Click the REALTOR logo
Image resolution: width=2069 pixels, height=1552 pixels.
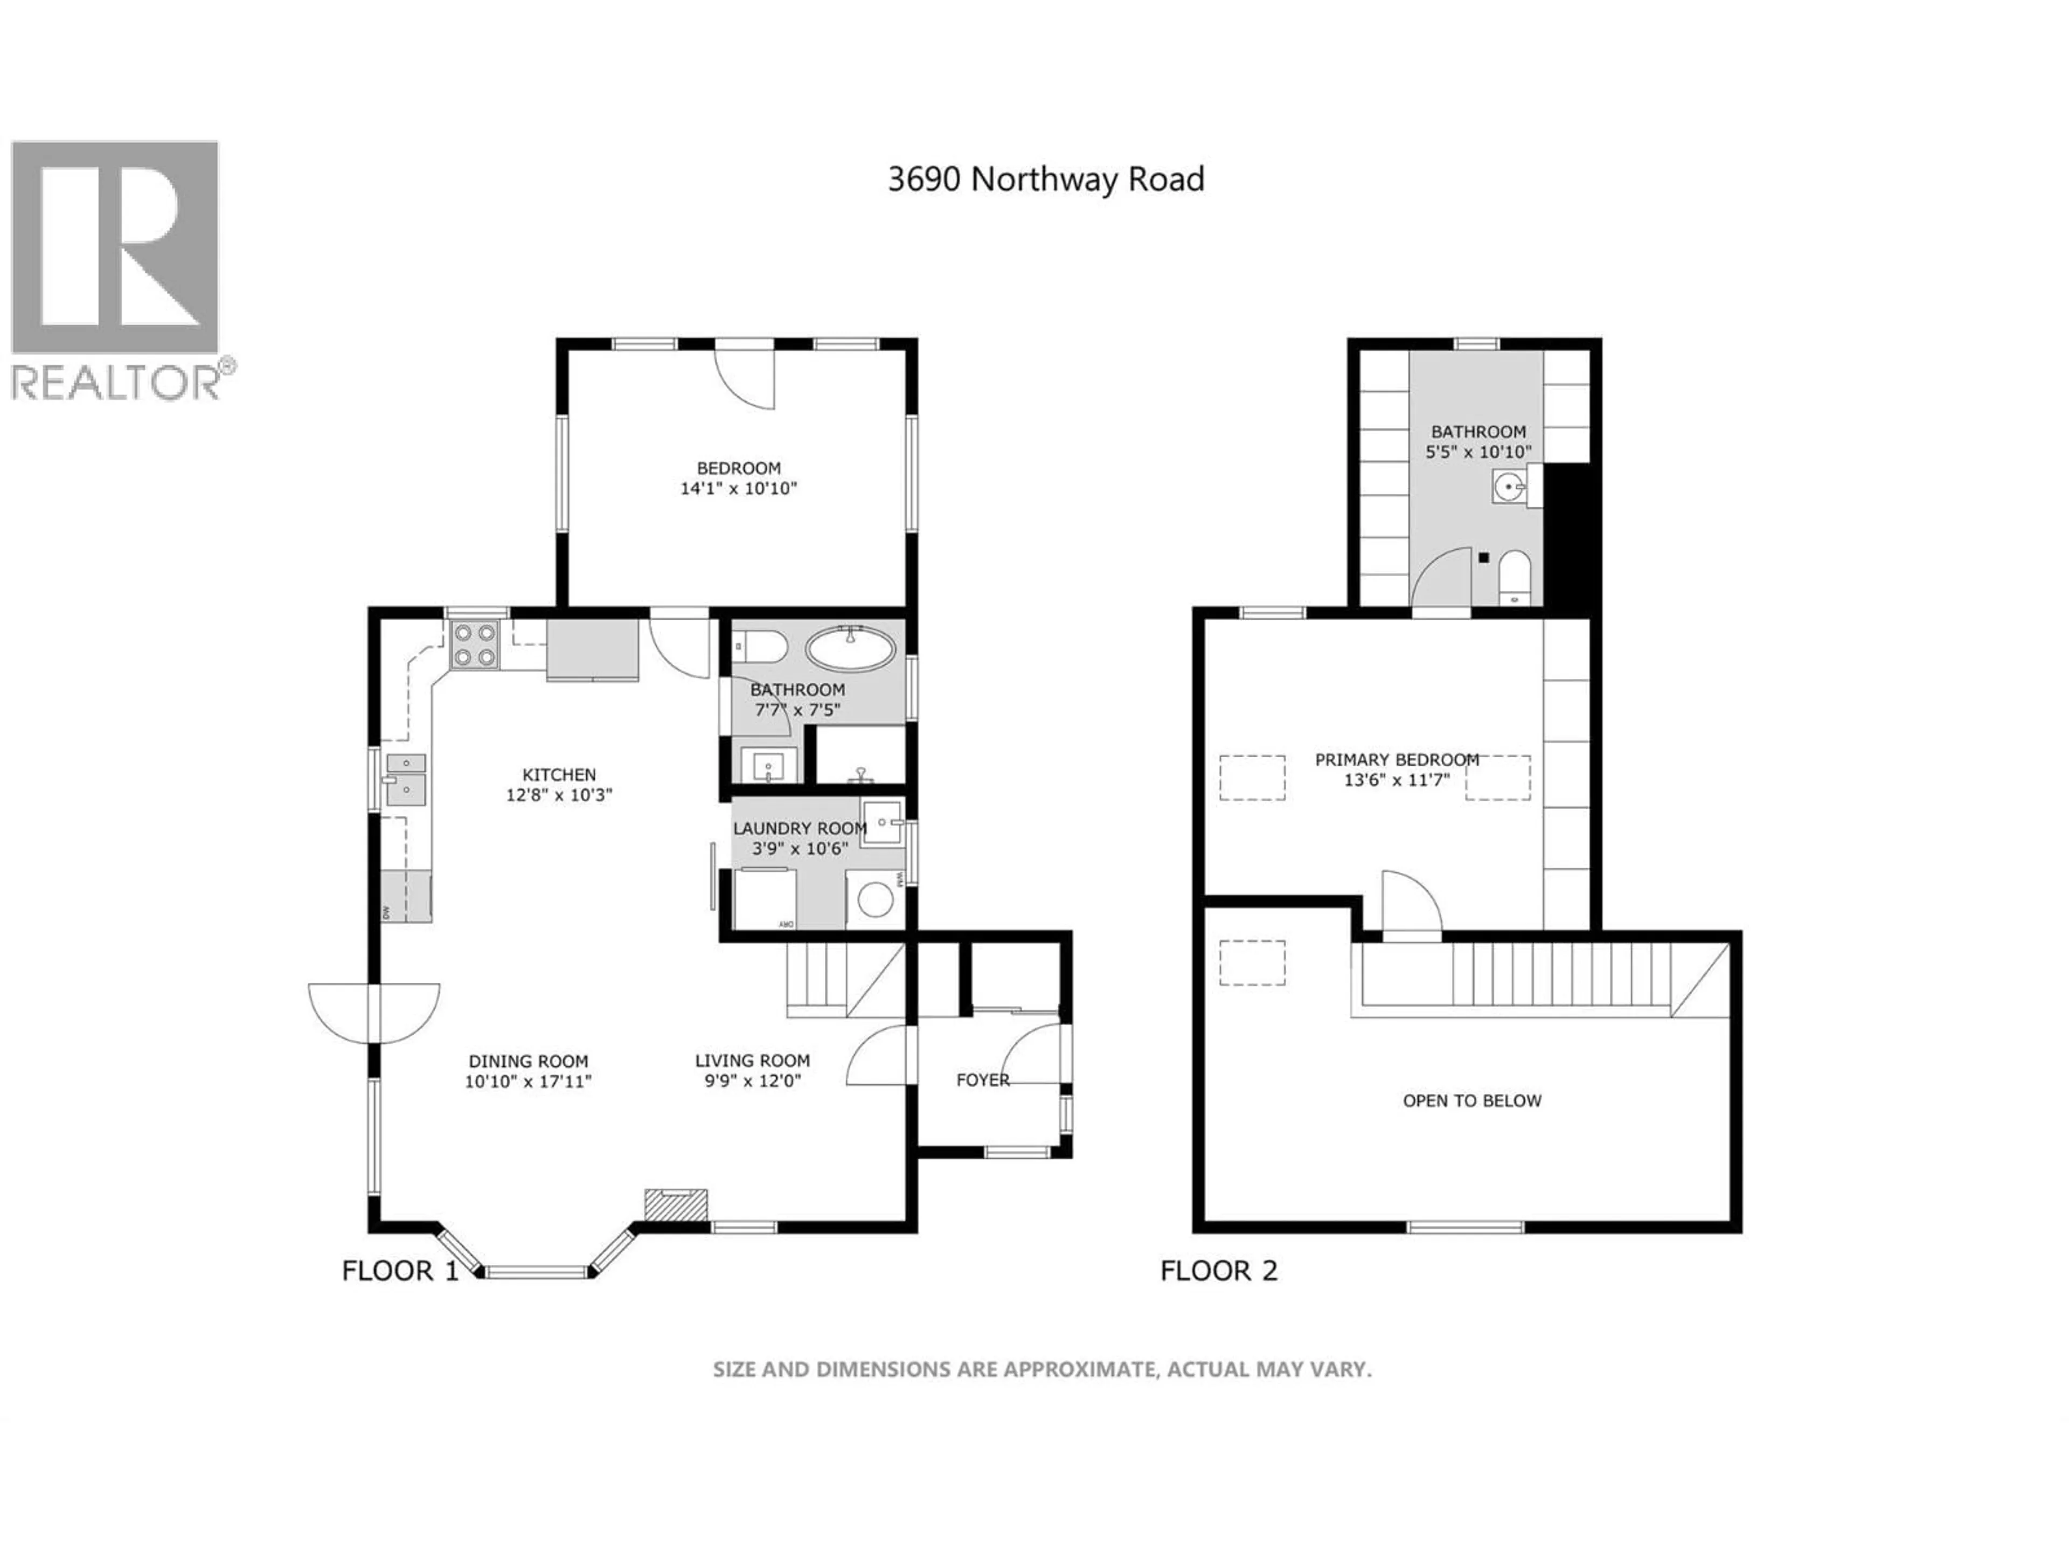click(116, 271)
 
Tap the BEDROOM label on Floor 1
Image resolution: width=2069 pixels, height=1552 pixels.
click(738, 468)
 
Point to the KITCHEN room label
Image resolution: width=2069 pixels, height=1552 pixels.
click(558, 774)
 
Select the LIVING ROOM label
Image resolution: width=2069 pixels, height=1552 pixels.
click(752, 1061)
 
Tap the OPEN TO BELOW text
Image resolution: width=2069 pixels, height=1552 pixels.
click(1471, 1101)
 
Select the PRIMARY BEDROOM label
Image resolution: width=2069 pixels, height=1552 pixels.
click(1397, 760)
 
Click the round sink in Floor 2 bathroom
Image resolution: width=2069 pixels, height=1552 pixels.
click(1508, 487)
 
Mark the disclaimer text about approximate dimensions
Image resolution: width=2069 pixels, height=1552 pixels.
click(1042, 1369)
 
